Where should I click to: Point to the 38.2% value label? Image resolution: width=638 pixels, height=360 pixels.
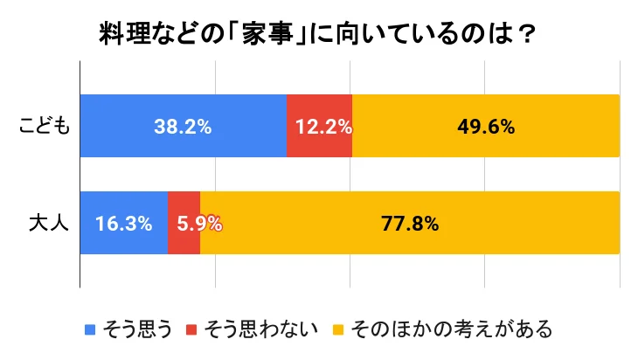184,127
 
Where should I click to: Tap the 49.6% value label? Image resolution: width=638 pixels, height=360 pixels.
485,127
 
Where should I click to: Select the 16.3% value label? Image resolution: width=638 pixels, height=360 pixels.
123,223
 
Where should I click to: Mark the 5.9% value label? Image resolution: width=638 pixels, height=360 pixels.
199,223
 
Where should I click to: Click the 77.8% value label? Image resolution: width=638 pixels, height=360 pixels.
409,223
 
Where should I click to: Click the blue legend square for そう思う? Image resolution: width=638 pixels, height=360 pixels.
90,330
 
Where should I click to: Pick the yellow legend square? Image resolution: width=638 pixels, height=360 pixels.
338,330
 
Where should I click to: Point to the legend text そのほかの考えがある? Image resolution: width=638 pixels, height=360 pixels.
451,329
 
